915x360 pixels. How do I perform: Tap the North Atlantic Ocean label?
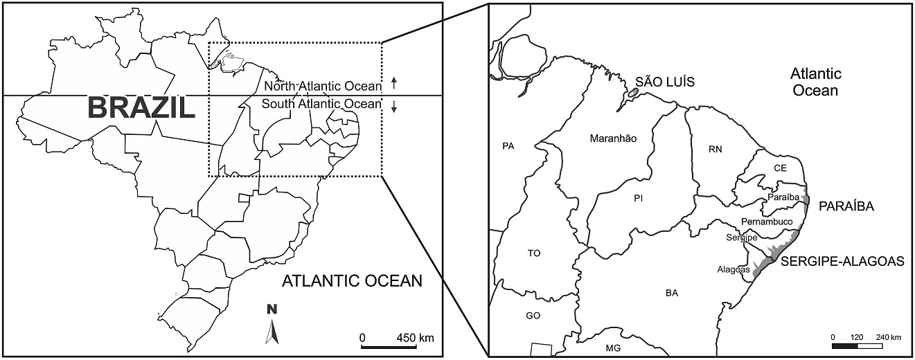pyautogui.click(x=323, y=87)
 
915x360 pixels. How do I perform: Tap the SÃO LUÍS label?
pyautogui.click(x=665, y=83)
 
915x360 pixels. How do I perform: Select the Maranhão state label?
pyautogui.click(x=613, y=138)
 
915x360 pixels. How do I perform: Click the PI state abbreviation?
pyautogui.click(x=639, y=199)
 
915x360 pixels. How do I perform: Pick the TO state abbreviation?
pyautogui.click(x=533, y=253)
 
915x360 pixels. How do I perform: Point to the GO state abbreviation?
pyautogui.click(x=533, y=316)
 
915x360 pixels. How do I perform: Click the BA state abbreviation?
pyautogui.click(x=671, y=293)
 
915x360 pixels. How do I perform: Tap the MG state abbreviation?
pyautogui.click(x=613, y=348)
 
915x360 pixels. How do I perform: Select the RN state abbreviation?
pyautogui.click(x=716, y=149)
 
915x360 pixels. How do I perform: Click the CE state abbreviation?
pyautogui.click(x=780, y=168)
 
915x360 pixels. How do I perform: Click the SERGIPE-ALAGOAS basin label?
pyautogui.click(x=842, y=262)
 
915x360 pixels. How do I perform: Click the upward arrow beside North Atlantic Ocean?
pyautogui.click(x=394, y=84)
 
